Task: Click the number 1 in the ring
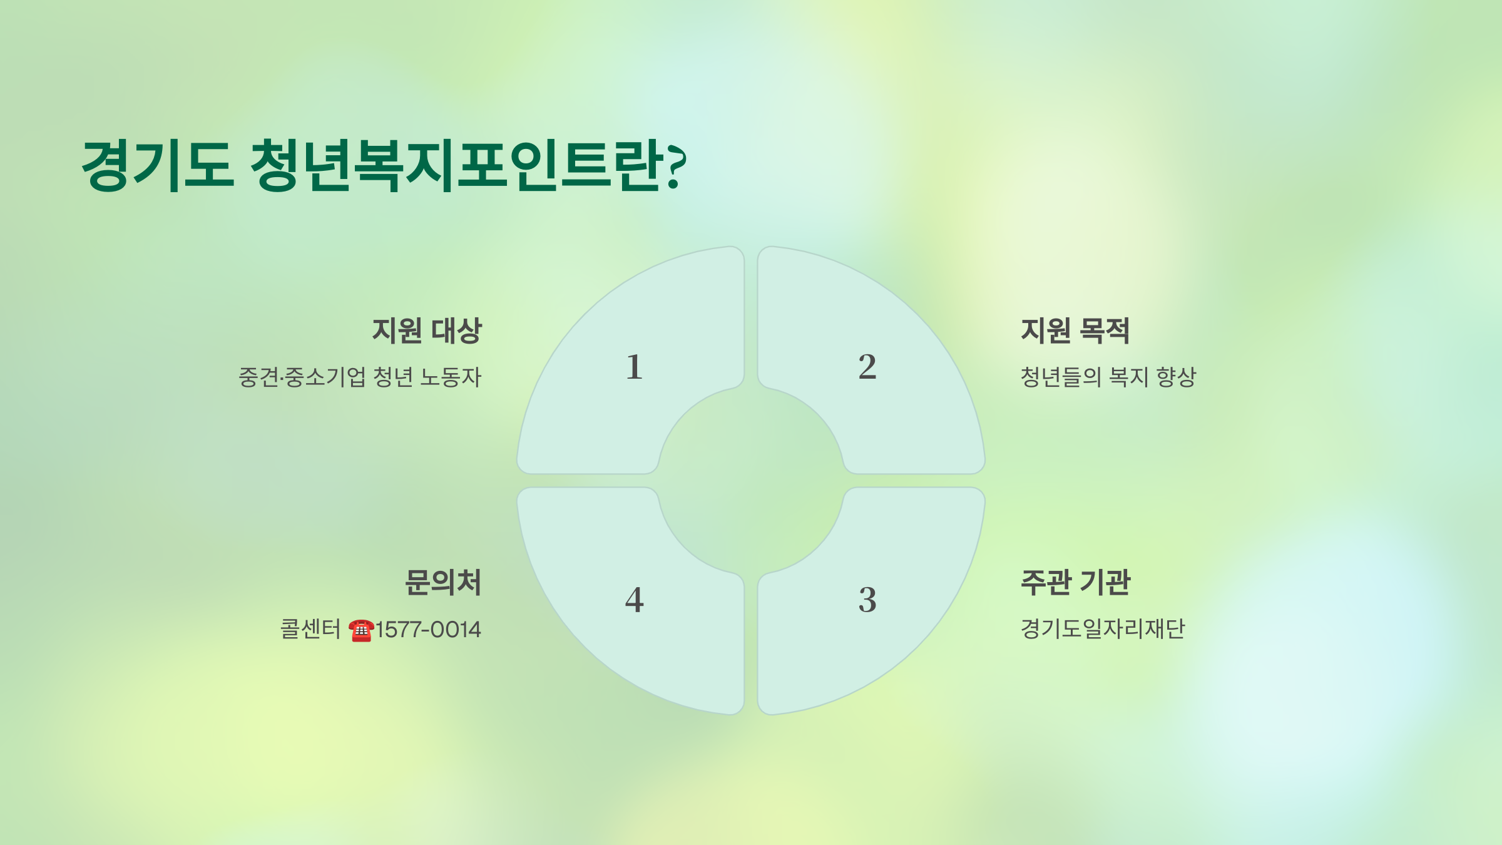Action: click(634, 367)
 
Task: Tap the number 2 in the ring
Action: click(867, 367)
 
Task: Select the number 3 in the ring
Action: click(867, 600)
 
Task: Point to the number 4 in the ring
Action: click(634, 600)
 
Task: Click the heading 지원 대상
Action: click(427, 331)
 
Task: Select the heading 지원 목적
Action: click(1075, 331)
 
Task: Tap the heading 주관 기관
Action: click(1075, 583)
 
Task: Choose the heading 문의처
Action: click(443, 583)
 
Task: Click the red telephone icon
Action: click(361, 630)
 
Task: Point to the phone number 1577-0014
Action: click(428, 630)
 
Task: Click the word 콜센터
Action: click(310, 629)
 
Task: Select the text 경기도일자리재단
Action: click(1103, 628)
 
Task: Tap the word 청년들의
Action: click(1060, 377)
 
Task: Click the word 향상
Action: click(1176, 377)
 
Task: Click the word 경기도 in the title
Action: click(158, 165)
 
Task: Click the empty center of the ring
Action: click(751, 481)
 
